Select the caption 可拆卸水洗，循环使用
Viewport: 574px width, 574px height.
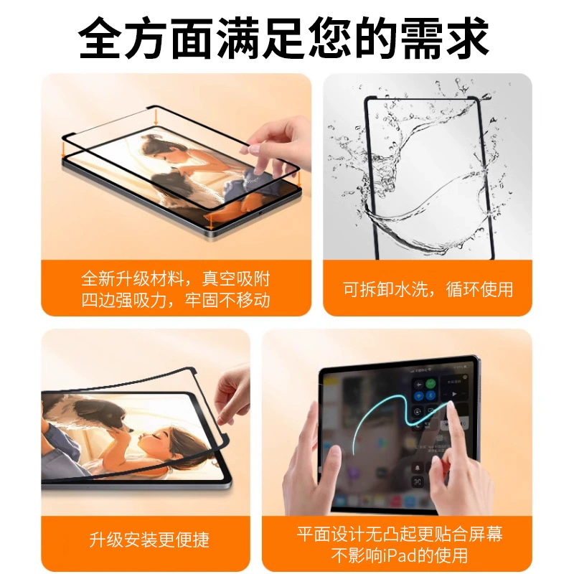tap(428, 290)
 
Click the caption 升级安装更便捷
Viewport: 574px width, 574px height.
tap(149, 540)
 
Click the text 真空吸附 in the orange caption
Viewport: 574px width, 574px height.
tap(236, 279)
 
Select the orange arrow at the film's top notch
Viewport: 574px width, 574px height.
tap(156, 118)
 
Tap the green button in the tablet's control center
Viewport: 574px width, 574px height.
tap(432, 384)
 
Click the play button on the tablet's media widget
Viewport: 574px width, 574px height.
tap(454, 394)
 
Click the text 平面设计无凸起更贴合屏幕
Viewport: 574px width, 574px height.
tap(400, 534)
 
